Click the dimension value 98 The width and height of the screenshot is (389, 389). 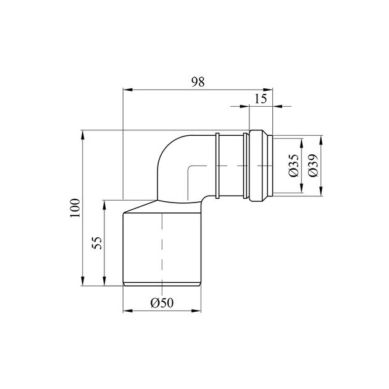pyautogui.click(x=198, y=82)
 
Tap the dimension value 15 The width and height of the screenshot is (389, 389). pyautogui.click(x=261, y=99)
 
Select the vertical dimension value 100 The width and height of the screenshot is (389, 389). pyautogui.click(x=75, y=208)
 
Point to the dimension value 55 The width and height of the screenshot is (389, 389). pyautogui.click(x=97, y=243)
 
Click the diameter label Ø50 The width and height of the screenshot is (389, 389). pyautogui.click(x=162, y=303)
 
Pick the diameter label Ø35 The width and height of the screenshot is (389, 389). pyautogui.click(x=294, y=165)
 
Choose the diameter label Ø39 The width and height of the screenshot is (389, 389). pyautogui.click(x=313, y=165)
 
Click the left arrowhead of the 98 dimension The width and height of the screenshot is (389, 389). pyautogui.click(x=128, y=90)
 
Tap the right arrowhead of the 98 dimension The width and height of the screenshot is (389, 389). pyautogui.click(x=268, y=90)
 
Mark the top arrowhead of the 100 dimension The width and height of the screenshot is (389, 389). pyautogui.click(x=83, y=135)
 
